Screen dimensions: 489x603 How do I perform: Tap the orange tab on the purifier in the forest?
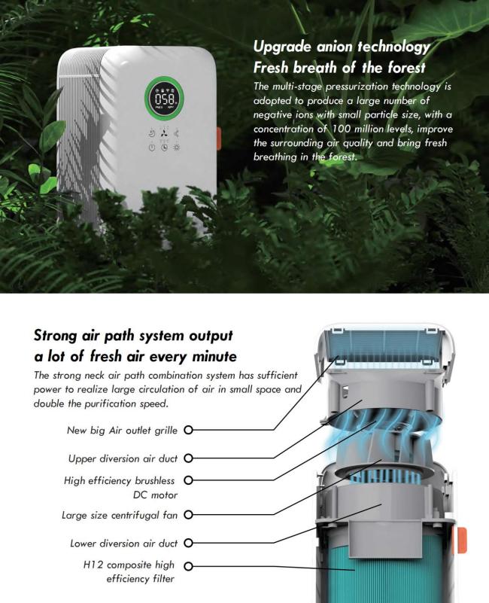(218, 139)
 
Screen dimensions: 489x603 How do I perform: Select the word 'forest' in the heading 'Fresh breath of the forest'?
(406, 68)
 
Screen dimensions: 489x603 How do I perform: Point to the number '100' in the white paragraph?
(342, 129)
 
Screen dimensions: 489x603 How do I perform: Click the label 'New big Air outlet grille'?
(122, 430)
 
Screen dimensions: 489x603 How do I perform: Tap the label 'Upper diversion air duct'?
(123, 458)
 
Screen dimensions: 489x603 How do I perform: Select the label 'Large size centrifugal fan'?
(120, 515)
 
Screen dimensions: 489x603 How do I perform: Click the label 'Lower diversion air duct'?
(124, 544)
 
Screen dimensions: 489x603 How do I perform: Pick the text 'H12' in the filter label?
(93, 565)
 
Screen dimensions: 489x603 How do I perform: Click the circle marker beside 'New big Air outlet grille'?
(188, 430)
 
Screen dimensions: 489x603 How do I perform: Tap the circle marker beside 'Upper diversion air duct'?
(188, 458)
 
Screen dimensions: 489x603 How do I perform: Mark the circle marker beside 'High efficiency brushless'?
(188, 480)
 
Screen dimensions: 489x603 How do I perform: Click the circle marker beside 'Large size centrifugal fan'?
(188, 515)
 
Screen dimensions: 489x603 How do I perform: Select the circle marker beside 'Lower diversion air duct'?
(188, 543)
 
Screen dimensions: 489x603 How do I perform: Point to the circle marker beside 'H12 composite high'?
(188, 566)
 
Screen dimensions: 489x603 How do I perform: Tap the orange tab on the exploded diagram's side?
(462, 541)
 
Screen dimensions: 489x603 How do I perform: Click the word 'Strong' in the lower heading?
(56, 336)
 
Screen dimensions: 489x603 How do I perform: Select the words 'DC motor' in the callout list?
(155, 495)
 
